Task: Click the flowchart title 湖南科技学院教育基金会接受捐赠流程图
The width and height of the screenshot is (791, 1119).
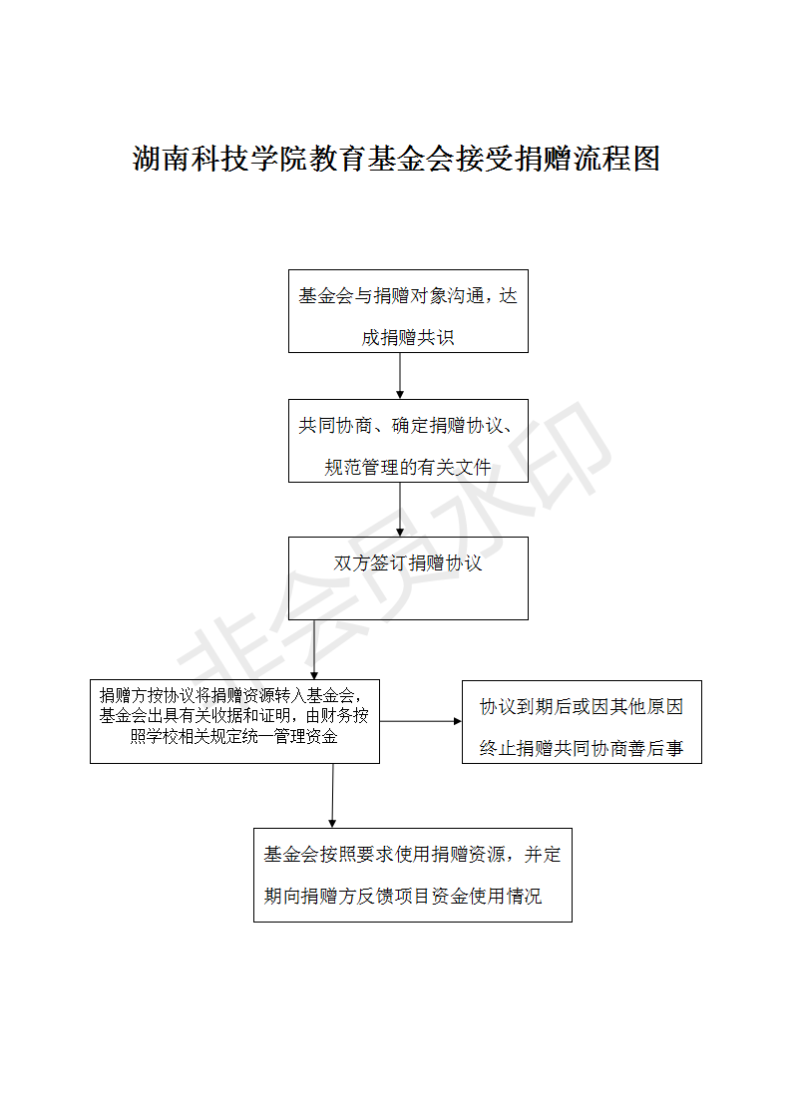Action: [x=396, y=159]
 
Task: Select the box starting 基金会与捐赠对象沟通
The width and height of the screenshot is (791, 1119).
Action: [x=408, y=310]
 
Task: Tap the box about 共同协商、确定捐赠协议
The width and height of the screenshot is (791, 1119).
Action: [x=408, y=441]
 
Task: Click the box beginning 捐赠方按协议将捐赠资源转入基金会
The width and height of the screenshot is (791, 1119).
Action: [x=234, y=721]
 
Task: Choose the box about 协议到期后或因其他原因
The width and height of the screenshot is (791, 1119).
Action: [x=582, y=721]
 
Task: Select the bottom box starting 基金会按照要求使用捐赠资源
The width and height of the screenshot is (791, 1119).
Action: [x=412, y=874]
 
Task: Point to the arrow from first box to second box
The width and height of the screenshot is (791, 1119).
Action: [x=400, y=375]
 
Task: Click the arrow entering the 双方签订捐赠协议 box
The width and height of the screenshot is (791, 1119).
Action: [x=400, y=509]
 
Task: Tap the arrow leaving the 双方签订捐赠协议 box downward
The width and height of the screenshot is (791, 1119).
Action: [x=314, y=649]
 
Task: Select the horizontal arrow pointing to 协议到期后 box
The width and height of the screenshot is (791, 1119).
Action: [x=420, y=721]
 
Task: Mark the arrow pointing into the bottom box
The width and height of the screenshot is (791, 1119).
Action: [x=332, y=795]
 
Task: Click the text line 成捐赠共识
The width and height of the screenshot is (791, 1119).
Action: [x=408, y=338]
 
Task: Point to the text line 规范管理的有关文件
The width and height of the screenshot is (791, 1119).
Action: [x=408, y=467]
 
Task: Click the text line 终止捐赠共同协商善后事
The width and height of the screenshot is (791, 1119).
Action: [x=582, y=748]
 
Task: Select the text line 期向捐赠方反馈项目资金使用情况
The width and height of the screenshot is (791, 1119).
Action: [x=403, y=897]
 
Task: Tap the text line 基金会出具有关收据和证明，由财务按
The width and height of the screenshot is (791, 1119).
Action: [x=234, y=716]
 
